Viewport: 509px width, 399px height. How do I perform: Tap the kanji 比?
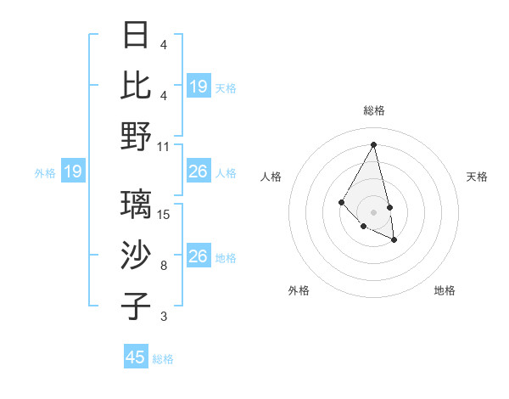[137, 86]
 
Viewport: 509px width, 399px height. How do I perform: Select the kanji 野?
[137, 136]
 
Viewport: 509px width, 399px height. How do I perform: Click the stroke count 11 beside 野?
[164, 146]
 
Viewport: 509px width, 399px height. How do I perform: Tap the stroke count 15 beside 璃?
[165, 215]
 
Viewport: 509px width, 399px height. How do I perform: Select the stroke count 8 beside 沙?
[164, 266]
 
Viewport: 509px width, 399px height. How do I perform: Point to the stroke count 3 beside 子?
[164, 317]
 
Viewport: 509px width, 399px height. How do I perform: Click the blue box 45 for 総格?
[136, 357]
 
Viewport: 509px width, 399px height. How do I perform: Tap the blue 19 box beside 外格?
[73, 172]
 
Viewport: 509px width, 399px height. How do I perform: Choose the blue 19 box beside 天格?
[199, 86]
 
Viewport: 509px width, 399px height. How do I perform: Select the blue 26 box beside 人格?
[199, 172]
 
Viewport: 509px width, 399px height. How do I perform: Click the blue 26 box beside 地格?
[199, 256]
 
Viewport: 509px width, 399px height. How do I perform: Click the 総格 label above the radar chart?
[374, 110]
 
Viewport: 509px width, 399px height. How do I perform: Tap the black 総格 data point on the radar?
[374, 144]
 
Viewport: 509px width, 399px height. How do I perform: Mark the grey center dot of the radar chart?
[374, 211]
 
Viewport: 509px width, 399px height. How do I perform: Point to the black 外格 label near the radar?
[299, 290]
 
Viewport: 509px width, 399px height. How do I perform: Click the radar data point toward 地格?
[394, 240]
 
